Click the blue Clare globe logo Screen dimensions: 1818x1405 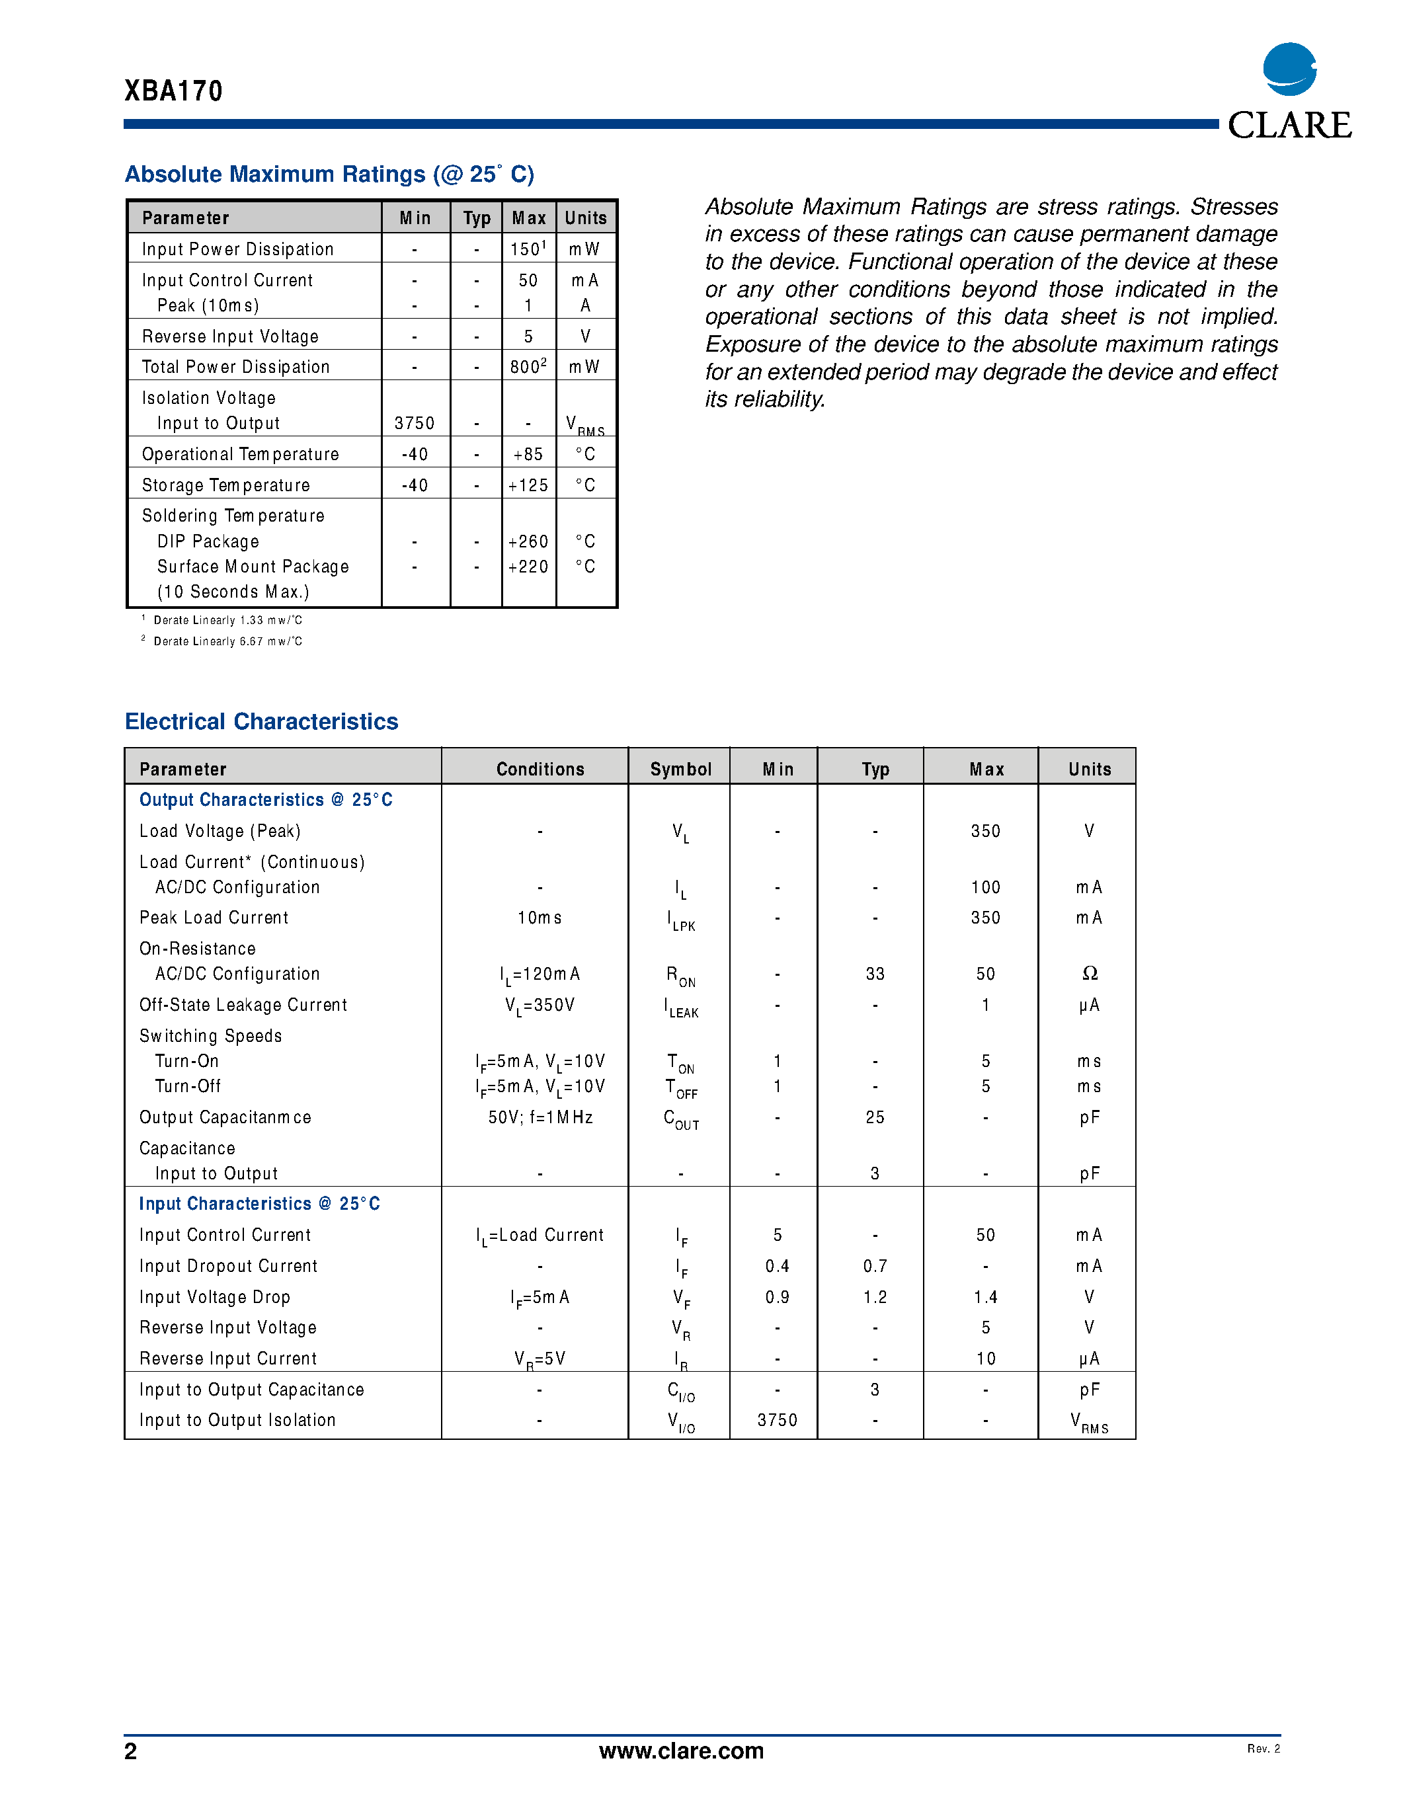[1289, 69]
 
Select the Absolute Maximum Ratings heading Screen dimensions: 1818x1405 [329, 174]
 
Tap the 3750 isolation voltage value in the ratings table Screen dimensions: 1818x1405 [415, 423]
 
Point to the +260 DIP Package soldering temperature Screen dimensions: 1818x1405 [528, 542]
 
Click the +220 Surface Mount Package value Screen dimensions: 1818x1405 [528, 567]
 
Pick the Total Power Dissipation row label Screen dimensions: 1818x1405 [235, 367]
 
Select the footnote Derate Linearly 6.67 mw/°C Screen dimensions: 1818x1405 [227, 641]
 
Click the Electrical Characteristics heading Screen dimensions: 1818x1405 [261, 722]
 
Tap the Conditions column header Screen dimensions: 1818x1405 [540, 769]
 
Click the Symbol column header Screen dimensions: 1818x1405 [680, 769]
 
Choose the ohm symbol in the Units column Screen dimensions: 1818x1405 [1089, 974]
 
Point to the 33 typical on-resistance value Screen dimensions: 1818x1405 [875, 974]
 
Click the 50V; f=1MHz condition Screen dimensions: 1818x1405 [540, 1117]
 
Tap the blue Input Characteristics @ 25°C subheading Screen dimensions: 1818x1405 [259, 1204]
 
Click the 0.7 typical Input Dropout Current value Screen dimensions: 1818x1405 [875, 1266]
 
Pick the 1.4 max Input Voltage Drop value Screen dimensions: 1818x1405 [986, 1297]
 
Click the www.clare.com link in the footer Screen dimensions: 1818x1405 [681, 1751]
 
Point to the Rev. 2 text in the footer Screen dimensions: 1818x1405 [1263, 1748]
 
